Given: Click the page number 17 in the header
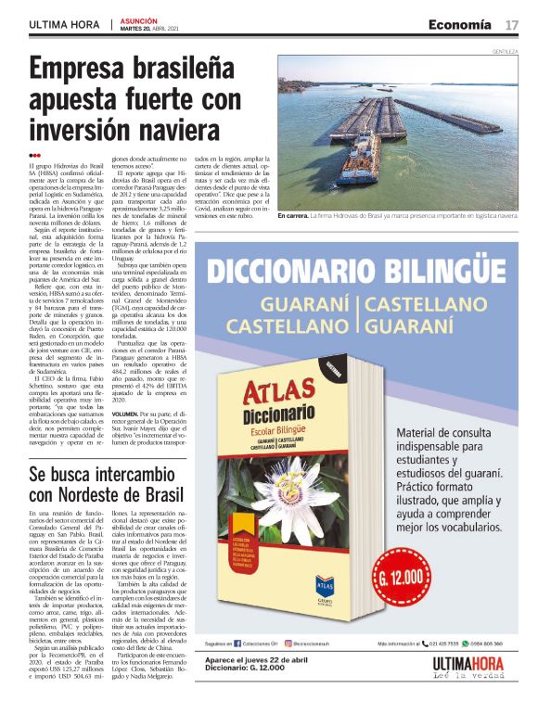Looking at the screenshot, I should [x=511, y=23].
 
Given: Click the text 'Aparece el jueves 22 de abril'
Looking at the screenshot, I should [x=255, y=684].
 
